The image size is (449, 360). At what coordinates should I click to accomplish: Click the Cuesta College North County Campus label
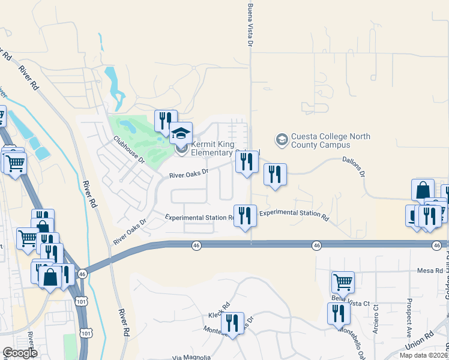(x=320, y=141)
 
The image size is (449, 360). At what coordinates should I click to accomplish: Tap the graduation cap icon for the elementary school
(x=181, y=132)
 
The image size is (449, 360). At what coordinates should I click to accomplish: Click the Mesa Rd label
(x=430, y=271)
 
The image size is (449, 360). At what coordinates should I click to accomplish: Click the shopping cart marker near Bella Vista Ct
(x=342, y=281)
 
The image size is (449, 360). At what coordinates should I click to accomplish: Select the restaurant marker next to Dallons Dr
(x=275, y=174)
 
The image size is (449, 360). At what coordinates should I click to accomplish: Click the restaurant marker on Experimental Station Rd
(x=244, y=214)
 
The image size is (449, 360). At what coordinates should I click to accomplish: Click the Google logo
(x=20, y=353)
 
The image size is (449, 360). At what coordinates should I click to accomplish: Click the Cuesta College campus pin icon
(x=281, y=139)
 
